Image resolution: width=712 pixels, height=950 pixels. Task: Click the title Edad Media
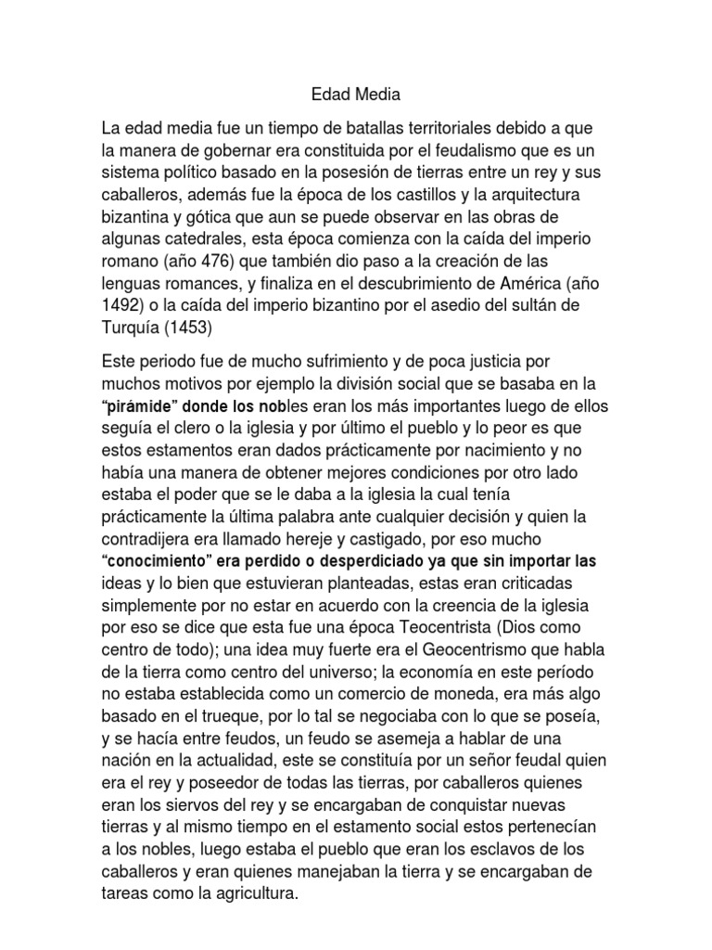(x=355, y=95)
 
